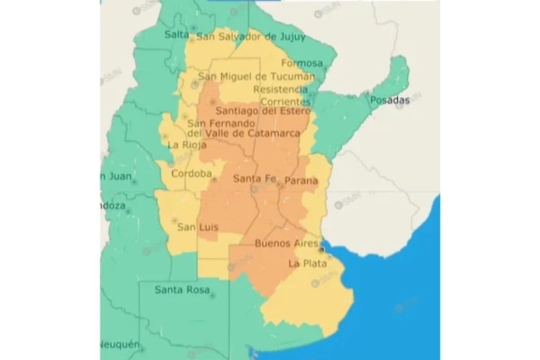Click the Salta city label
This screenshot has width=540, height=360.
point(176,35)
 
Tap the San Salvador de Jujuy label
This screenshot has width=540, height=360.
point(251,37)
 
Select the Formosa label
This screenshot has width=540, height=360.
point(302,63)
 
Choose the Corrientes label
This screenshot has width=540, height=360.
point(286,101)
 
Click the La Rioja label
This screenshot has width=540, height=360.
point(186,145)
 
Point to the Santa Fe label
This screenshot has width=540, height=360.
point(254,179)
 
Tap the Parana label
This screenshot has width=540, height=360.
point(301,182)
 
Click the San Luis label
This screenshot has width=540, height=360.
point(196,228)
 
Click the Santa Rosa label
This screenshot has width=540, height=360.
point(182,289)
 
